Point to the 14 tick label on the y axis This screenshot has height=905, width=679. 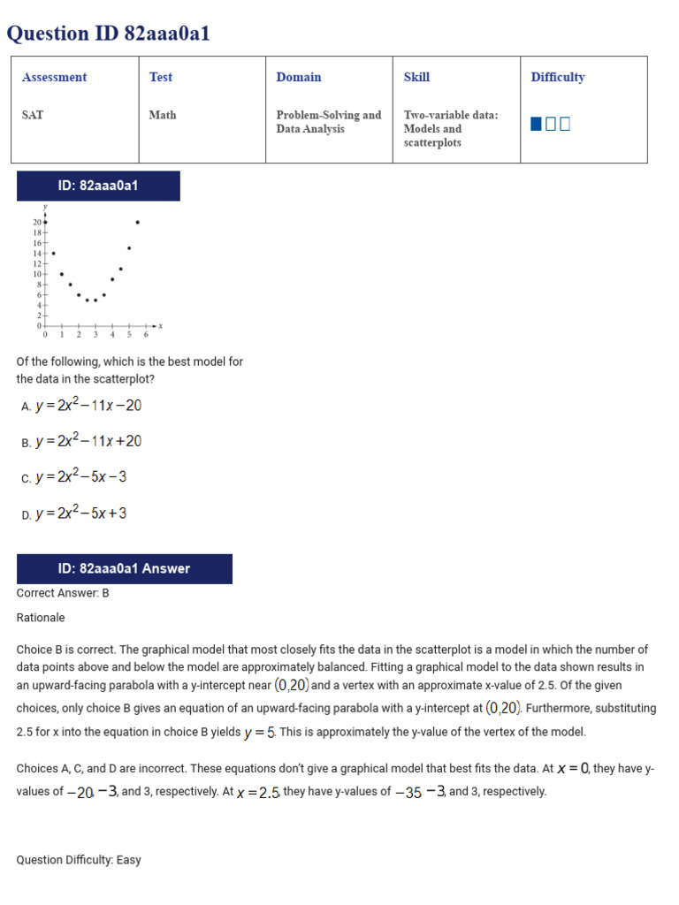coord(38,253)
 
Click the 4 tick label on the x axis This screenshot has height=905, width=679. coord(112,335)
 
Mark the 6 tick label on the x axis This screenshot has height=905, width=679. coord(146,335)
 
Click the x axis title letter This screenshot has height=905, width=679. coord(160,326)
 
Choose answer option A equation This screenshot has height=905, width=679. coord(88,406)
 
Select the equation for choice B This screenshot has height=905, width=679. coord(88,441)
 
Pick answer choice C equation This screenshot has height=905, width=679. coord(80,477)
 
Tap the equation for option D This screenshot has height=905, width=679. coord(80,513)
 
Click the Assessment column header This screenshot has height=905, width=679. coord(55,78)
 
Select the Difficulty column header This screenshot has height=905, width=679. coord(558,78)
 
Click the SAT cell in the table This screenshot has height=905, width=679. coord(32,115)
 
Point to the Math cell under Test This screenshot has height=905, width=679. coord(163,115)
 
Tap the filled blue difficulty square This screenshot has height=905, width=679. coord(536,124)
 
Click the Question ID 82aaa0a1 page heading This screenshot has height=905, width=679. coord(109,34)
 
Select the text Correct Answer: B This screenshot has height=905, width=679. coord(63,593)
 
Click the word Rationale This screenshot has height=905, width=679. coord(41,618)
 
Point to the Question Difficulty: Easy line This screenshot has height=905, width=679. coord(79,860)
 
